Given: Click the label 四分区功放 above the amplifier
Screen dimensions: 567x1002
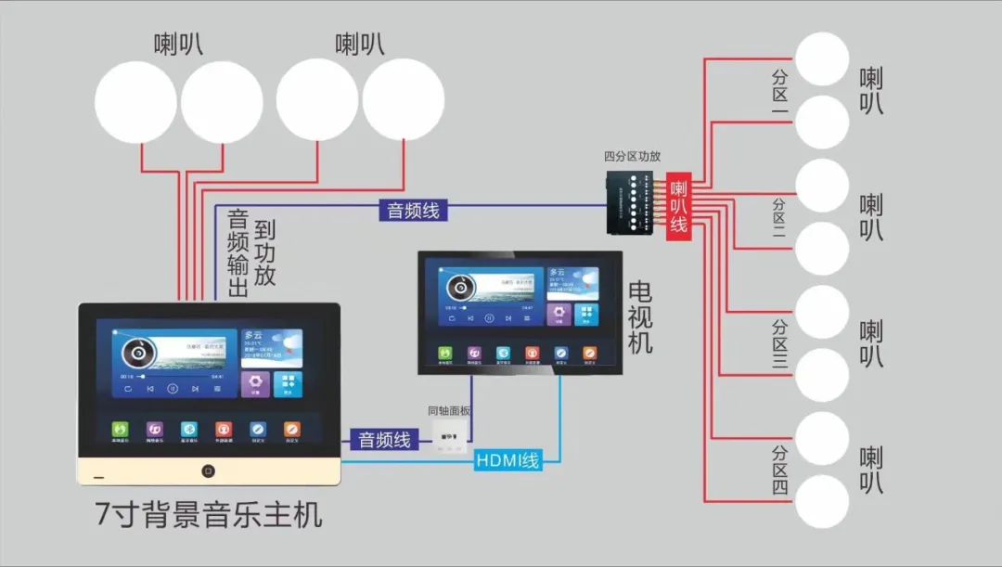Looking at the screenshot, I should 632,157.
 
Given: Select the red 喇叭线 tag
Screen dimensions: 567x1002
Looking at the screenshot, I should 679,207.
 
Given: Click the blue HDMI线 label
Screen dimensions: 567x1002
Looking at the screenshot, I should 507,458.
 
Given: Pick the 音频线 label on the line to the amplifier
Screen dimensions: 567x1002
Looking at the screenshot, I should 413,210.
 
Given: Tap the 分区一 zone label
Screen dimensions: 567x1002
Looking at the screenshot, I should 779,93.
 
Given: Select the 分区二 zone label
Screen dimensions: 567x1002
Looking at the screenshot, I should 779,220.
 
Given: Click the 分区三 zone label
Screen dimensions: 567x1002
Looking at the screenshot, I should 779,345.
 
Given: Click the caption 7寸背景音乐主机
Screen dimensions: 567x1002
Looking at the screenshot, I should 209,513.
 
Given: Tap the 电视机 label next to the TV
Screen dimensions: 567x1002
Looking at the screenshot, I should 640,316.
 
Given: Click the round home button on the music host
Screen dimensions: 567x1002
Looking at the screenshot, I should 209,470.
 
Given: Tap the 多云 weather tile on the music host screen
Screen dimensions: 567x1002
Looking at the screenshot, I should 272,347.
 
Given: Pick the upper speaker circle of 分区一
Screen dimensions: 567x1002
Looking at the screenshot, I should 823,58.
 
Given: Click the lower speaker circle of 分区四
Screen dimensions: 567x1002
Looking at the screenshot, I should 823,501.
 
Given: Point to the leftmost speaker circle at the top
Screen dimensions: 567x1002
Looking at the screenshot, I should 135,101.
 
